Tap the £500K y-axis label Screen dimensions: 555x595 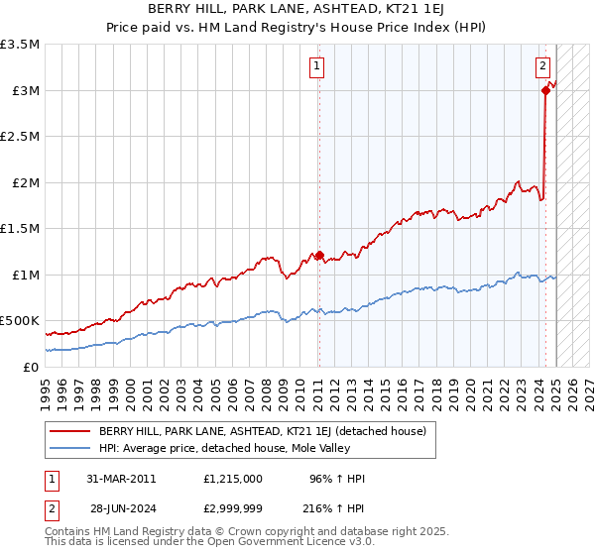tap(20, 321)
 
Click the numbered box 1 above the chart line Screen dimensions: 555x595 tap(316, 67)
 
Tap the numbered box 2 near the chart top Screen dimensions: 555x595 tap(543, 67)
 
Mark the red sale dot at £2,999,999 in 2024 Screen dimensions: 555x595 tap(545, 90)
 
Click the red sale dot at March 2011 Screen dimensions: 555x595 tap(319, 255)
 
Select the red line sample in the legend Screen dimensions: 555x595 tap(69, 431)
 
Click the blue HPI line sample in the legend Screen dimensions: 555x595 tap(69, 448)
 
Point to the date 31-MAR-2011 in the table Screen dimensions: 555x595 tap(120, 479)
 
